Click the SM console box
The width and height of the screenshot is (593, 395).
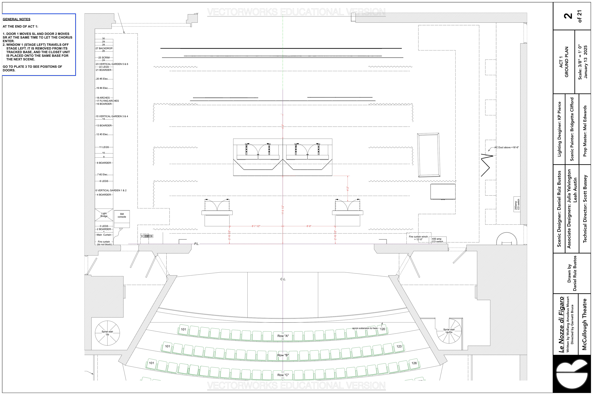click(x=122, y=219)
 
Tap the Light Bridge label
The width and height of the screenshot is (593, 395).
click(x=104, y=215)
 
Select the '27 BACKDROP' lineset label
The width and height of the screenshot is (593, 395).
click(x=104, y=48)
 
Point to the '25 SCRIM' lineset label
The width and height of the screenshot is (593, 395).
click(x=104, y=57)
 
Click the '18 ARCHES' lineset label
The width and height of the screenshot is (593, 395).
click(x=103, y=98)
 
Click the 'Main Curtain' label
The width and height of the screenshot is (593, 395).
click(x=104, y=235)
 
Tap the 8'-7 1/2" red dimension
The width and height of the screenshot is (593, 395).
click(x=256, y=226)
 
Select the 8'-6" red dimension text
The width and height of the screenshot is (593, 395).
click(x=309, y=226)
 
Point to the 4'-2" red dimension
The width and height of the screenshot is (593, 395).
click(x=348, y=189)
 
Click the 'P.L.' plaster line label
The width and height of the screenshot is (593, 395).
click(x=197, y=244)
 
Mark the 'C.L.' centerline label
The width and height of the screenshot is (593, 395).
click(x=283, y=279)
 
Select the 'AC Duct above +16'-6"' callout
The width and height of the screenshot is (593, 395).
click(x=506, y=147)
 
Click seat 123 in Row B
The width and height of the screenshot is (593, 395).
click(x=399, y=346)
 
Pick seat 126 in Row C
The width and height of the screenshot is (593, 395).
click(x=414, y=363)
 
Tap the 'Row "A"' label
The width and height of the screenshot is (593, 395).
click(x=283, y=336)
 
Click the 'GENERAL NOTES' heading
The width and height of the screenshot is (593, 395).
click(x=16, y=19)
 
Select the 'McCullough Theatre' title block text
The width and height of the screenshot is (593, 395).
click(x=585, y=324)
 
